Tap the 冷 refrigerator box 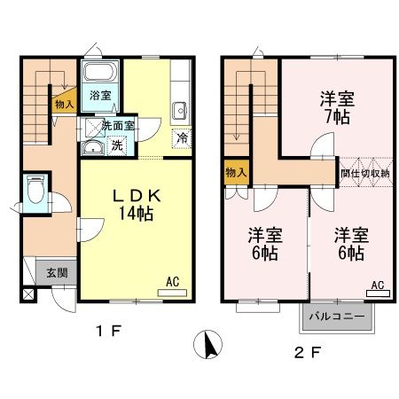[x=182, y=138]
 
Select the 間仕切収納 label [x=364, y=174]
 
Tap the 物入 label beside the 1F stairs [x=64, y=104]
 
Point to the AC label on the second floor [x=377, y=286]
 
